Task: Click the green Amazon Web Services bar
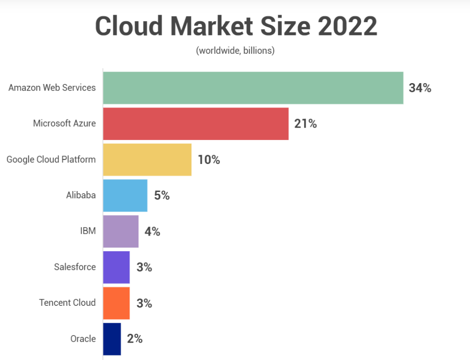tap(253, 88)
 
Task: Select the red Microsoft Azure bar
tap(196, 124)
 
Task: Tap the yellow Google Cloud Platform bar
tap(147, 159)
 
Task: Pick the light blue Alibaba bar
tap(125, 195)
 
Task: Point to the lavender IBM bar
tap(121, 231)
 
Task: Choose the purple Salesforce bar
tap(116, 267)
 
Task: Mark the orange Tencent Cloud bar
tap(116, 303)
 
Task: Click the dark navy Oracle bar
tap(112, 339)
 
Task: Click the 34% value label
tap(420, 88)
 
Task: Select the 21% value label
tap(306, 124)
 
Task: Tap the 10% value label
tap(209, 159)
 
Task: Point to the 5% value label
tap(162, 196)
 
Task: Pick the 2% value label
tap(135, 339)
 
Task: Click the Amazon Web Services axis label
tap(52, 87)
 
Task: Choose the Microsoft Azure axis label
tap(64, 123)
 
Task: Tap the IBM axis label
tap(88, 231)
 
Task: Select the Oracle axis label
tap(83, 339)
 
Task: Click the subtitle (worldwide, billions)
tap(235, 51)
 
